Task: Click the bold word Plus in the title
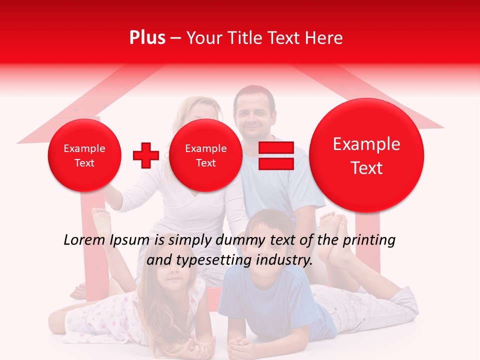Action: (x=147, y=38)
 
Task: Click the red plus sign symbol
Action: (x=145, y=155)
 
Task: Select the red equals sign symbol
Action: (x=276, y=156)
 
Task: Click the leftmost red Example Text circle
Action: (x=84, y=155)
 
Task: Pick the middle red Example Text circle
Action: (x=206, y=155)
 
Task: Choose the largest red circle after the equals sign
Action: (x=366, y=155)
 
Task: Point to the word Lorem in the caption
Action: (x=84, y=240)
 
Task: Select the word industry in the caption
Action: (x=286, y=260)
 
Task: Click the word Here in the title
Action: (x=325, y=38)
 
